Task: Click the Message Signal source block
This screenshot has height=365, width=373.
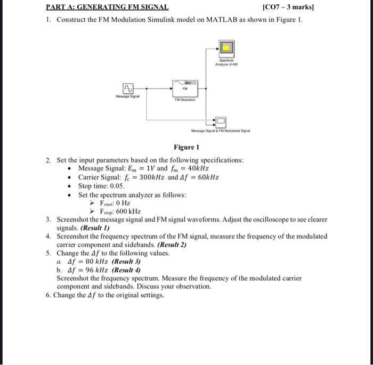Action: tap(128, 88)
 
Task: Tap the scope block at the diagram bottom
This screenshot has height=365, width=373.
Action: tap(221, 121)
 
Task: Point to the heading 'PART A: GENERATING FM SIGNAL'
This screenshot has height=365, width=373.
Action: tap(107, 7)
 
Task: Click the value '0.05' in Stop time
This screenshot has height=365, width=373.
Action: tap(115, 186)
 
